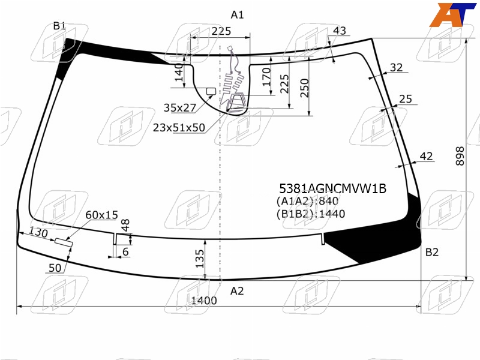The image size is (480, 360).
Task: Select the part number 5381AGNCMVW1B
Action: click(333, 188)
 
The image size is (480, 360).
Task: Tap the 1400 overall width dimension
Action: click(204, 301)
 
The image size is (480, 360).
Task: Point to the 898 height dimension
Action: click(460, 156)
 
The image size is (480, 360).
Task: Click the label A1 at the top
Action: click(237, 14)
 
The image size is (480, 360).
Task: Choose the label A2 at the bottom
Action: click(237, 291)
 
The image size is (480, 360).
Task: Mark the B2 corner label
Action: click(432, 252)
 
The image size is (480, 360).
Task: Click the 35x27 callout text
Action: click(179, 108)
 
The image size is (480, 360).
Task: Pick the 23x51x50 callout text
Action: click(179, 127)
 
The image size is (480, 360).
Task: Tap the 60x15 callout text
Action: click(101, 215)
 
